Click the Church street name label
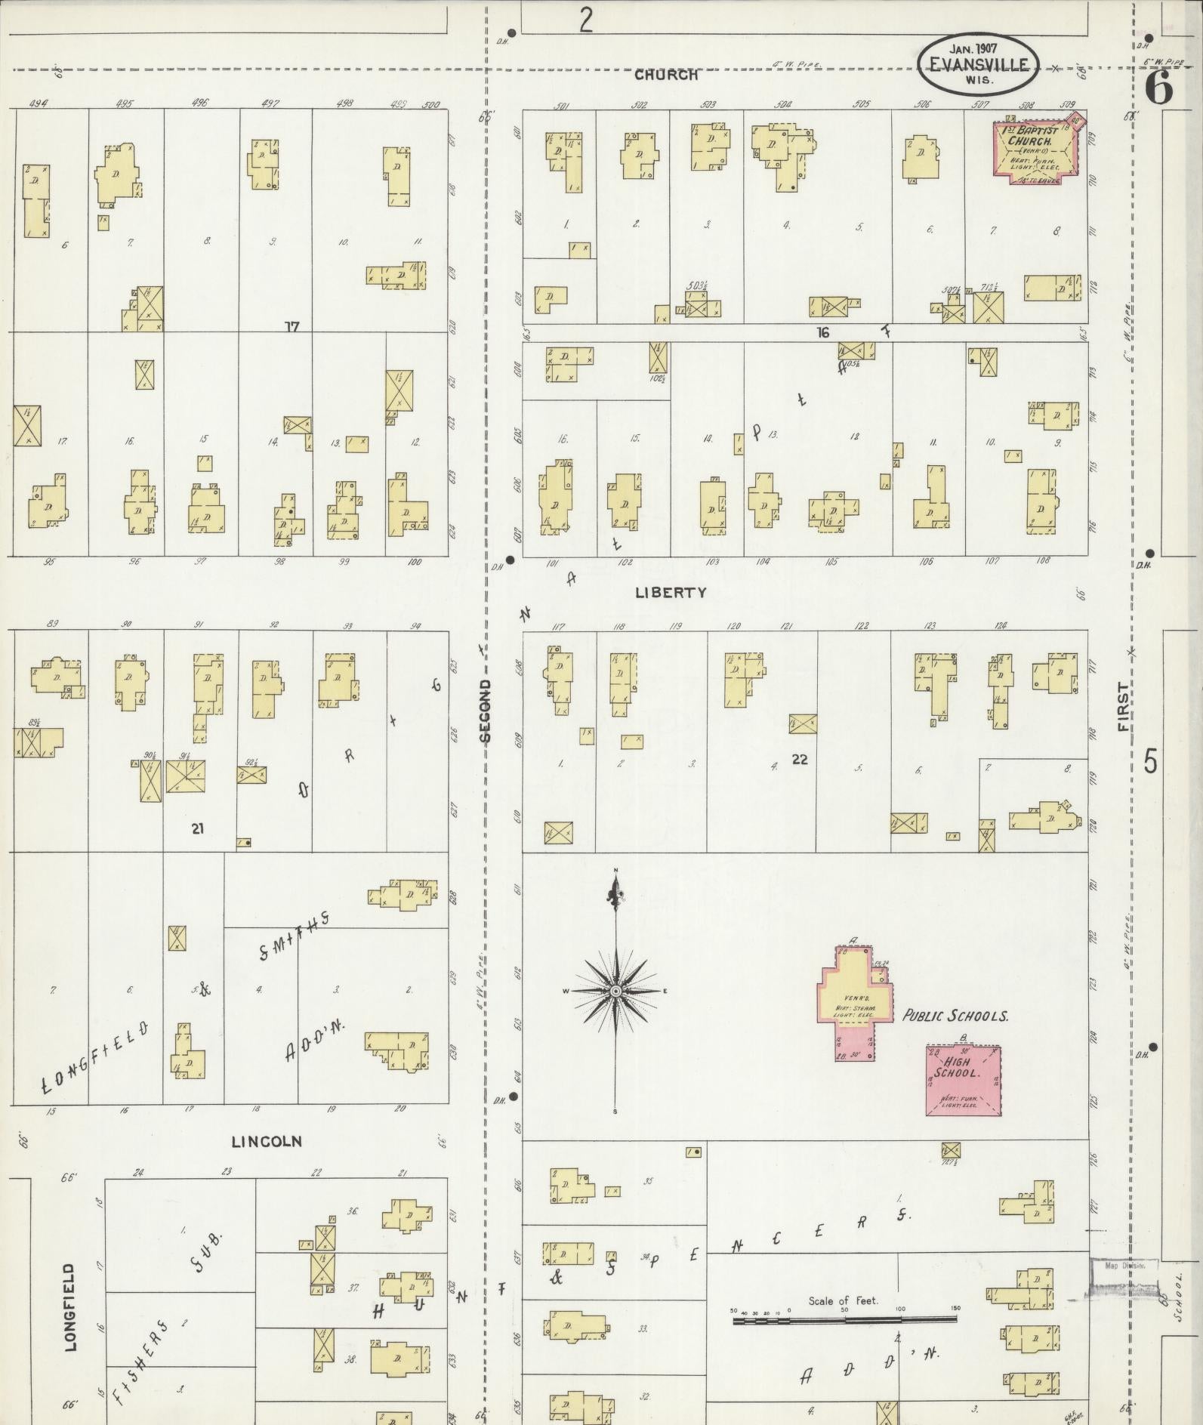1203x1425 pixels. click(665, 75)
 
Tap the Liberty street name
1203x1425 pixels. click(671, 593)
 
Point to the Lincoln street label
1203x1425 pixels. click(267, 1141)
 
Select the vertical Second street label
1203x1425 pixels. click(486, 710)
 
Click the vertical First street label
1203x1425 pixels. click(1124, 707)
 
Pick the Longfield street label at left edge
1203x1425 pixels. click(70, 1306)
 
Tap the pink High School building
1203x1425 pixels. click(964, 1081)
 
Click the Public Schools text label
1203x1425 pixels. click(955, 1016)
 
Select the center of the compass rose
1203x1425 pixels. click(615, 991)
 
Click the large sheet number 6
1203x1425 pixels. click(1158, 88)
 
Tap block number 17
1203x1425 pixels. click(292, 327)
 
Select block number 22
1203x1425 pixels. click(800, 760)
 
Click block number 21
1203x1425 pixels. click(197, 829)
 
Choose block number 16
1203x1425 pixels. click(822, 332)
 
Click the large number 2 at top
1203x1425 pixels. click(586, 20)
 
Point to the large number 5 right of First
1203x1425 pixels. click(1149, 762)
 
